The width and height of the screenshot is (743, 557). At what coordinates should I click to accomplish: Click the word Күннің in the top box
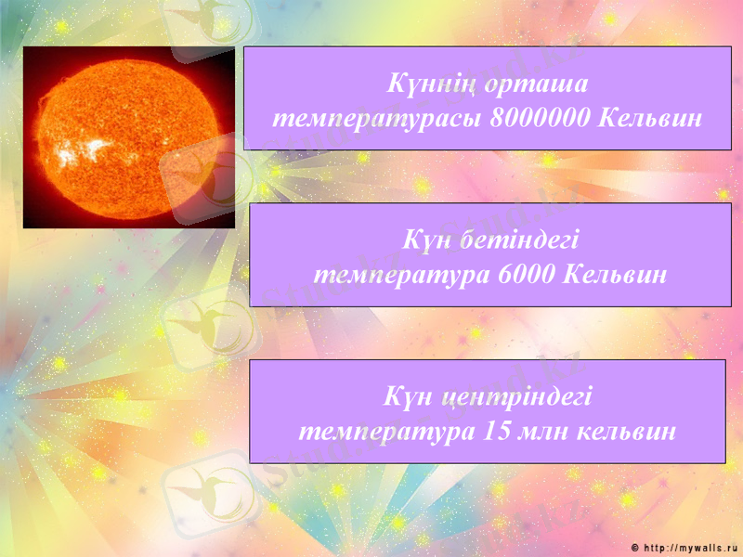[422, 85]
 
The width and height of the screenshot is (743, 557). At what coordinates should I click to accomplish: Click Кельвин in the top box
[651, 120]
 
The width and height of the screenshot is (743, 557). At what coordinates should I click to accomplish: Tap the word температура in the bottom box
[385, 432]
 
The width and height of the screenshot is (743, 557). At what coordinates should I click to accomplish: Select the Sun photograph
[128, 136]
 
